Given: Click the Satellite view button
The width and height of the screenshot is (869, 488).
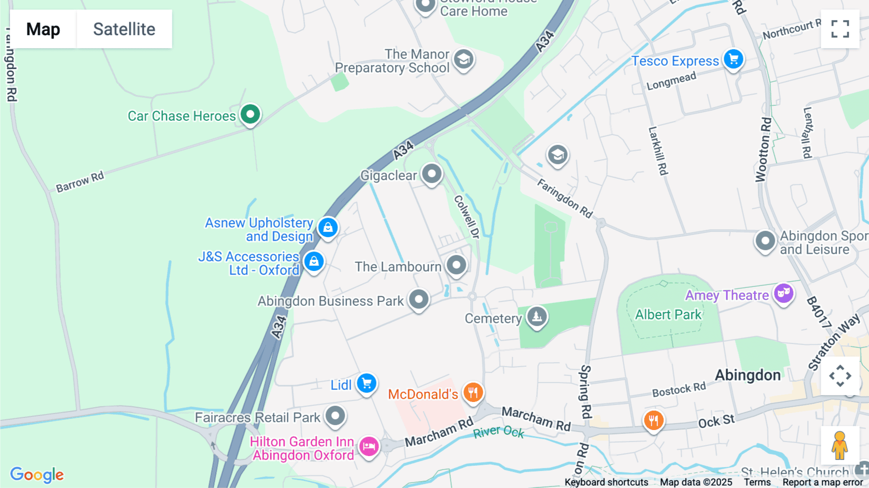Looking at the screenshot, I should point(124,29).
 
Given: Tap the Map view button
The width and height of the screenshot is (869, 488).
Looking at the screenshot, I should point(43,29).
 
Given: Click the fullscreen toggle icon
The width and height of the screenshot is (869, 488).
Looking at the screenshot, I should point(840,29).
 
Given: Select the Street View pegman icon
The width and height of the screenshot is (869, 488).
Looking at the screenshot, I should point(840,445).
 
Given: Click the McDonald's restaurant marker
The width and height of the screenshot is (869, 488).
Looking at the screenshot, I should point(473,393).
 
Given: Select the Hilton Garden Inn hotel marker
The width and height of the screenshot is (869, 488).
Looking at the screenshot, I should point(369,446).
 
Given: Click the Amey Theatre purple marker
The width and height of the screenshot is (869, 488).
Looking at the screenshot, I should point(784,293).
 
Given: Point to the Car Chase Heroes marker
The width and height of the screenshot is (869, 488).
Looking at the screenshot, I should point(251,115).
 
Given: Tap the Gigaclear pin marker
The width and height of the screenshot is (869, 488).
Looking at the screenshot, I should point(432,174).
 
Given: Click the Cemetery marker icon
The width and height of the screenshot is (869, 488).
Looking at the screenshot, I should point(537,317).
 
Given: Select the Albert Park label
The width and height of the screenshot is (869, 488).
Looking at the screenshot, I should point(668,315).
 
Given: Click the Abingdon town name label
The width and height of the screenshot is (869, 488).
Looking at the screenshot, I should point(747,375).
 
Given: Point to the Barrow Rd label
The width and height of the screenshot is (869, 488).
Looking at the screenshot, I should point(80,182).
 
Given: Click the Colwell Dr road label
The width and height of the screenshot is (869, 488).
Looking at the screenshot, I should point(467,217).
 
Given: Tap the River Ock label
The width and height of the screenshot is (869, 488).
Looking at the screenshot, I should point(498,431).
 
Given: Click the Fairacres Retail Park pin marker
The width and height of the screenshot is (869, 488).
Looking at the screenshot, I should point(335,416).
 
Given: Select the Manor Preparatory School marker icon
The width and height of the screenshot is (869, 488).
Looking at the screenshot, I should point(463,60).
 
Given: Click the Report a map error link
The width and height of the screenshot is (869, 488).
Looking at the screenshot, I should point(823,482).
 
